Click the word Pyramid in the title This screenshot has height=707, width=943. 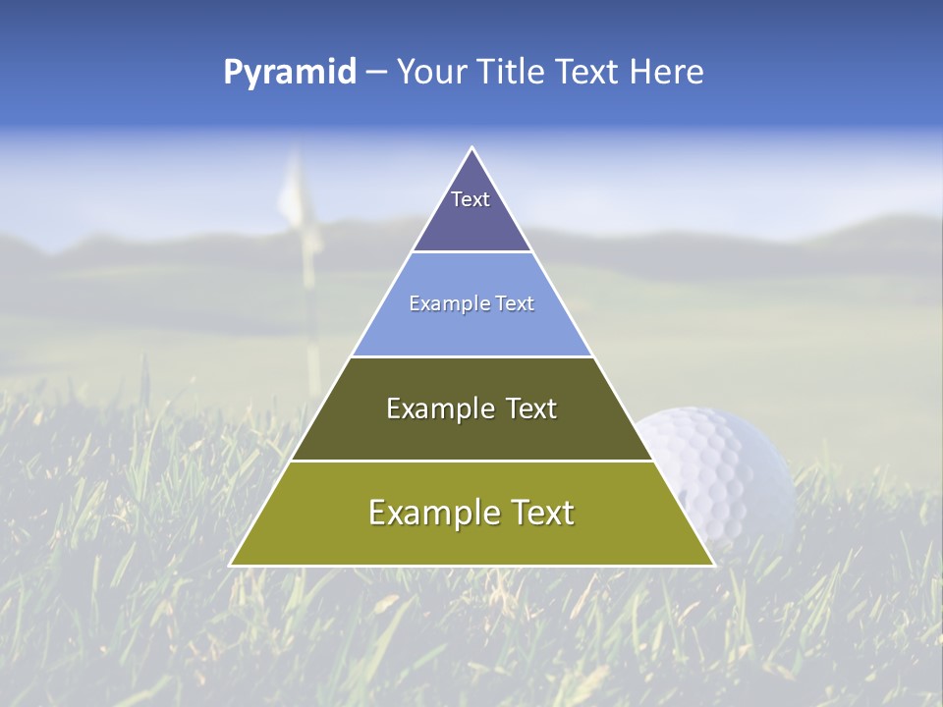289,73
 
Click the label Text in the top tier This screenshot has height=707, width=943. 471,199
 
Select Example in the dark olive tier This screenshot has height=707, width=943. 431,408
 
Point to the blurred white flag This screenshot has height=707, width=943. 294,191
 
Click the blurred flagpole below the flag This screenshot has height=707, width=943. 311,314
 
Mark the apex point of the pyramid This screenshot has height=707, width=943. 471,148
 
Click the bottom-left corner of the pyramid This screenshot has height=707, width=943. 231,565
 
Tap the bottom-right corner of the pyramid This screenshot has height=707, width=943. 713,565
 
